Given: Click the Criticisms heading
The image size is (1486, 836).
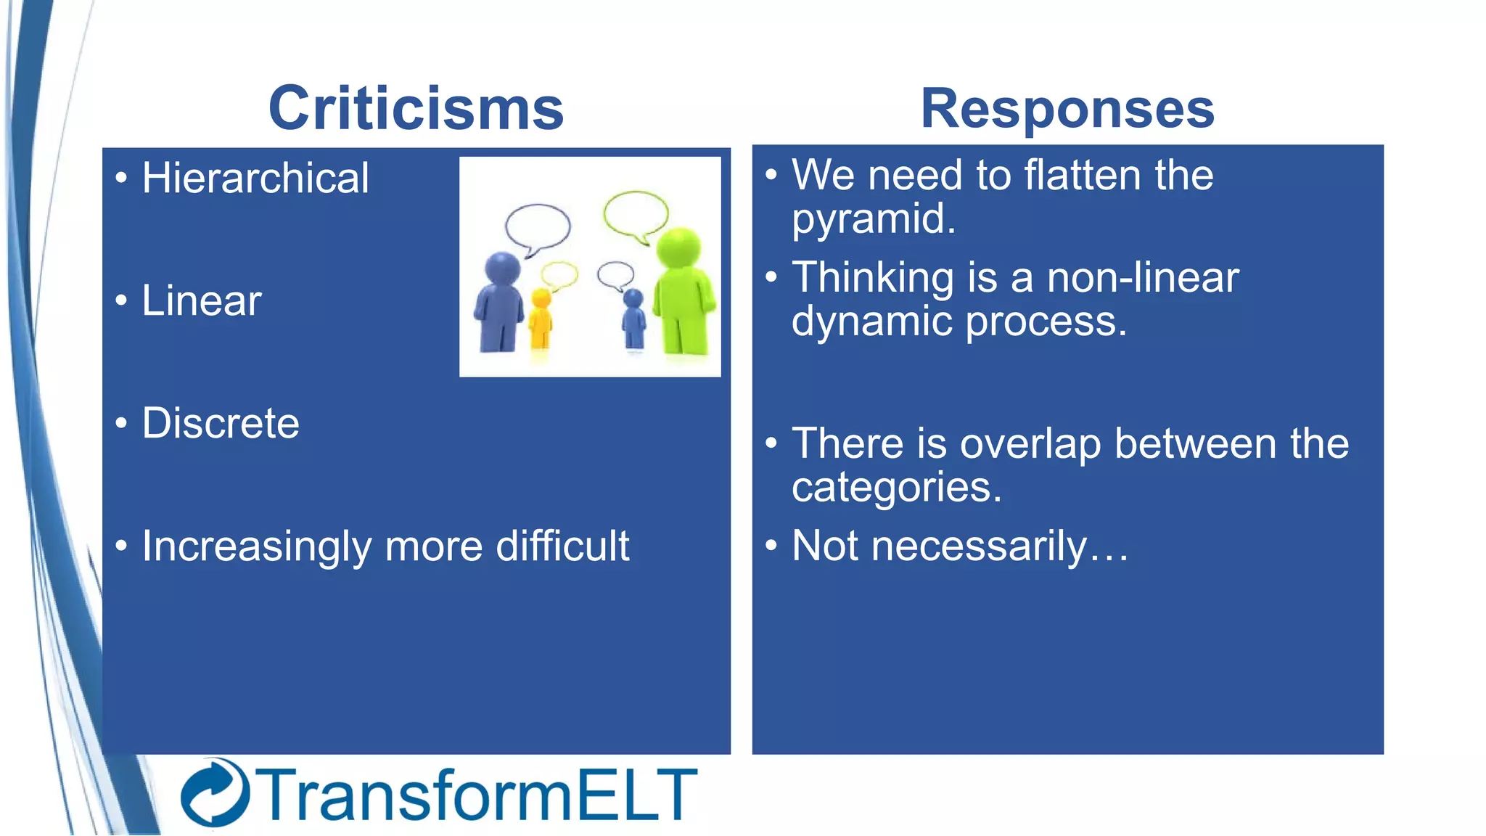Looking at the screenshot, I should (416, 109).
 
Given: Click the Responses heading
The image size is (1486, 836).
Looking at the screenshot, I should (1067, 109).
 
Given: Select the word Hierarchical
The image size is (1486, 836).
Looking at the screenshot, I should (255, 179).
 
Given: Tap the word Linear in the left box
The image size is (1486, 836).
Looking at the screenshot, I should (202, 301).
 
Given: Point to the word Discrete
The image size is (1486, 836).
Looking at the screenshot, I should (221, 424).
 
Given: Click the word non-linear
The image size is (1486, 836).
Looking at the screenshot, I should (1143, 278).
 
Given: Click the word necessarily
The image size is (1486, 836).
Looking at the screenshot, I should (979, 546).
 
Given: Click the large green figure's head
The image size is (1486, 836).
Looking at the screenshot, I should (679, 247).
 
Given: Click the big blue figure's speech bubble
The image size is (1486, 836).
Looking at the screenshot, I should (538, 226).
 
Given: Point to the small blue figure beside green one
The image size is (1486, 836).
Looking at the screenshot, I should (634, 319).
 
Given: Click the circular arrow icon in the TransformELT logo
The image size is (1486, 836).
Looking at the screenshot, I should (215, 792).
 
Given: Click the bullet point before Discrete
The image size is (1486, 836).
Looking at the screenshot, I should (121, 423).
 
